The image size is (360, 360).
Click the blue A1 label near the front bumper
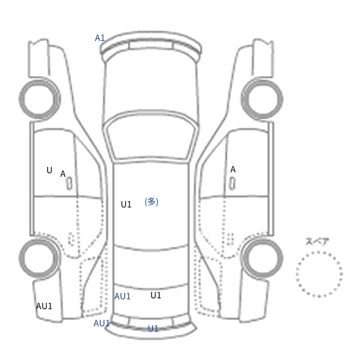[x=100, y=38]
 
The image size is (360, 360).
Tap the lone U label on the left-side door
[x=49, y=171]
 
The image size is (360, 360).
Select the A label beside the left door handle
[x=63, y=174]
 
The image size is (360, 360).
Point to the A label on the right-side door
[x=233, y=170]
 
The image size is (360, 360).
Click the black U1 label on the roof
[x=126, y=204]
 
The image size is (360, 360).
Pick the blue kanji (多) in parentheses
[x=152, y=202]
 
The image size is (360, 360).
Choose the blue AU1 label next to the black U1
[x=122, y=297]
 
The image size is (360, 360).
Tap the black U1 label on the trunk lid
[x=156, y=295]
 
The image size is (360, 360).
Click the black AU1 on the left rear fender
[x=44, y=306]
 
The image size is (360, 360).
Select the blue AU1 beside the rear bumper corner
[x=102, y=323]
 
